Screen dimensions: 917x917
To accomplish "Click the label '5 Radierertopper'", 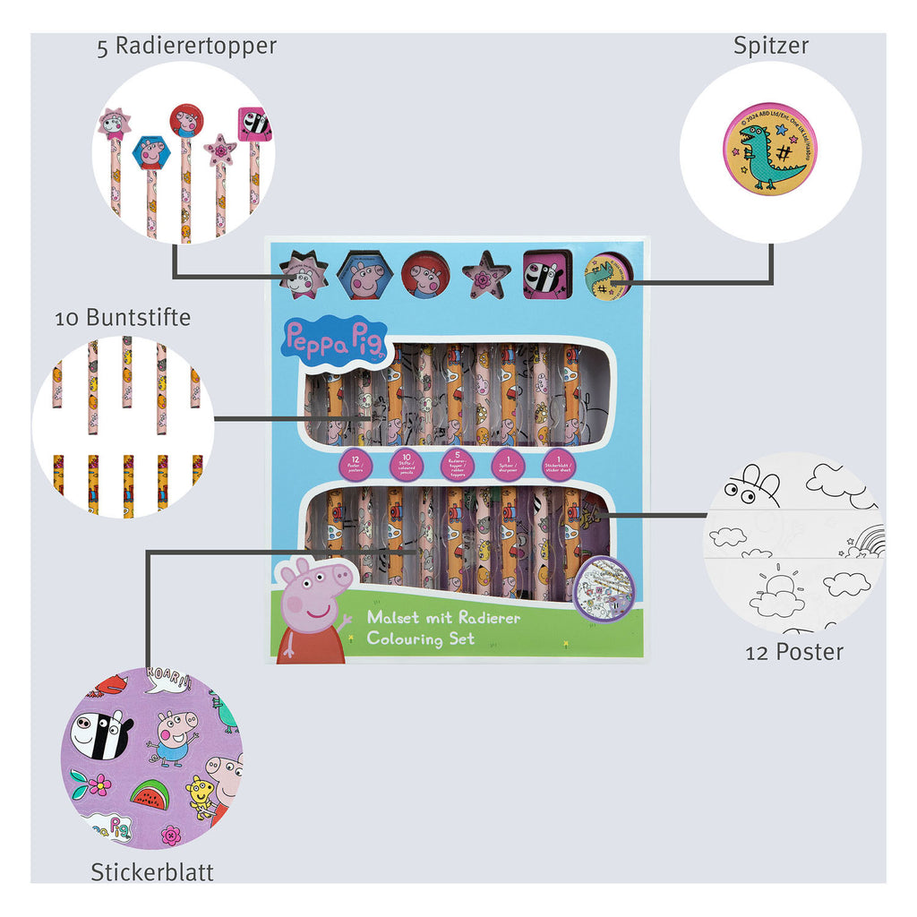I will pos(186,47).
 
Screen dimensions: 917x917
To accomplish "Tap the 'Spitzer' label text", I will pos(770,47).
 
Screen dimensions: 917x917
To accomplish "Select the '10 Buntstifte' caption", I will pos(123,317).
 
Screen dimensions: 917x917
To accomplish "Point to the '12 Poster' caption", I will pos(794,652).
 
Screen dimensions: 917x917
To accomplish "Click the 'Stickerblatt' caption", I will pos(152,871).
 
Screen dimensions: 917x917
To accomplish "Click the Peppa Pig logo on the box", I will pos(328,338).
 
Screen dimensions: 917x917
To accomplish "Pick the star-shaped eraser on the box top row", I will pos(486,274).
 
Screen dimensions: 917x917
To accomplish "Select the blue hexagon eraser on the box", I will pos(366,276).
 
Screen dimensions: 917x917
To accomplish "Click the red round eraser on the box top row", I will pos(425,274).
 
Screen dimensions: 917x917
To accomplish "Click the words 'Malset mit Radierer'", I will pos(443,618).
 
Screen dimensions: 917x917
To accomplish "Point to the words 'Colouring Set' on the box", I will pos(420,638).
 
